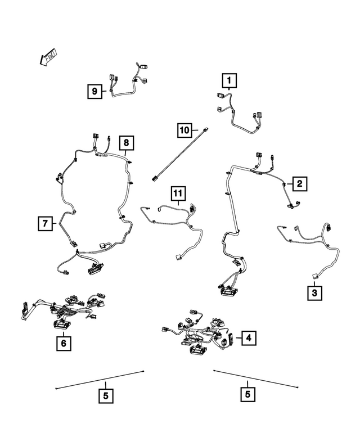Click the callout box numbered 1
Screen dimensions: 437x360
pos(229,82)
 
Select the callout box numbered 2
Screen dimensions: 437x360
pos(299,183)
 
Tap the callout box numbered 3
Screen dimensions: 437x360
pos(314,293)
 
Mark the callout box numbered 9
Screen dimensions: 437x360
pos(94,90)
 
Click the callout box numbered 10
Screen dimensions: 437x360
pos(184,130)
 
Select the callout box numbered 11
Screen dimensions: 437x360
pos(178,195)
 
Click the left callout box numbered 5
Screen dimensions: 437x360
pos(105,395)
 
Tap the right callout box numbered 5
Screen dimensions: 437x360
pos(247,395)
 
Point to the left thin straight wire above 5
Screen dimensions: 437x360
pos(100,380)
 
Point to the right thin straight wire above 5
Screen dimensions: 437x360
pos(255,379)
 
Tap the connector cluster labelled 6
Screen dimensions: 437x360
pos(62,312)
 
